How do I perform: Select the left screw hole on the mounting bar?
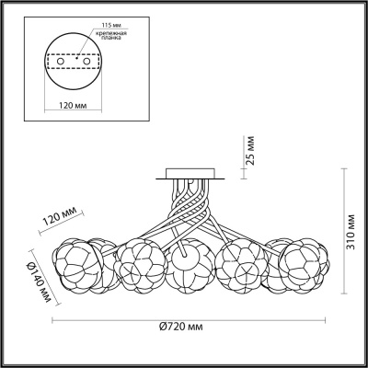[x=61, y=62]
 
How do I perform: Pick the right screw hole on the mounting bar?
[x=87, y=62]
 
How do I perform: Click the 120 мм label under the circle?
[x=73, y=106]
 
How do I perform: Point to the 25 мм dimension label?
[x=250, y=150]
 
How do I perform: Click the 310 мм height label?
[x=351, y=232]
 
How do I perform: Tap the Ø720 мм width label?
[x=181, y=327]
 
